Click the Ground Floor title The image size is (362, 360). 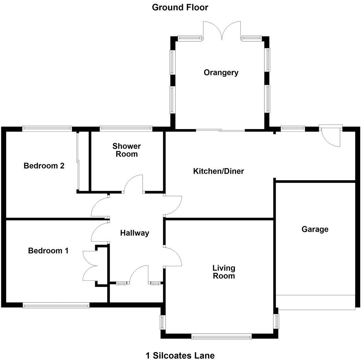(180, 7)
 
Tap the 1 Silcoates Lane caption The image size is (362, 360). (180, 355)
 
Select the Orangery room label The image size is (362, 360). (221, 73)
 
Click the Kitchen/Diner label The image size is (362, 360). (218, 171)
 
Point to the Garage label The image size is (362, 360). (315, 229)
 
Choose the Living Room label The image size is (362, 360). (224, 271)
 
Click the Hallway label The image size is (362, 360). (134, 233)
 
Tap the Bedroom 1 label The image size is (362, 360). (48, 251)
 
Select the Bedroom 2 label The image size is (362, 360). (44, 166)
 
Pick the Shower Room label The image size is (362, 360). (126, 150)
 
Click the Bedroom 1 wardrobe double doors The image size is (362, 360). (90, 266)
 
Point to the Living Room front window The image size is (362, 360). (221, 337)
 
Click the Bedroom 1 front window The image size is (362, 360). (56, 305)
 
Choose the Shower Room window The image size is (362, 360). (126, 129)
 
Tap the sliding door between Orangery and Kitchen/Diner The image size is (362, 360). (220, 130)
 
